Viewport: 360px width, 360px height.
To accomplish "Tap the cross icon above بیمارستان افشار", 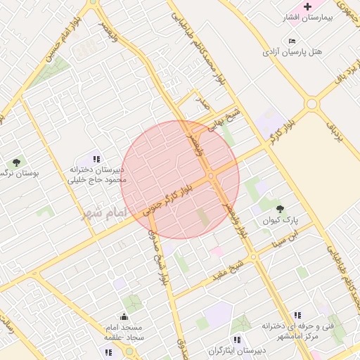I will (307, 6).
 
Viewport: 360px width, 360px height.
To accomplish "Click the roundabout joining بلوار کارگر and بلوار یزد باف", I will (311, 104).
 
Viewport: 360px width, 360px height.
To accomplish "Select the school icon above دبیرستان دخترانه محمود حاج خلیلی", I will (96, 160).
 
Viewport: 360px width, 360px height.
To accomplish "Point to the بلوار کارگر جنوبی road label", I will (167, 200).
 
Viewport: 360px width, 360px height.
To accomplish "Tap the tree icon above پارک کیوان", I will (281, 209).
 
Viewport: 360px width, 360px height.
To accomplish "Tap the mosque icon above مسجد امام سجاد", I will (124, 316).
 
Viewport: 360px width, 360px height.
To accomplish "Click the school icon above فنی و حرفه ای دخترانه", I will (297, 315).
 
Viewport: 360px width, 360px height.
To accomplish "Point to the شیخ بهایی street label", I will (228, 120).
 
